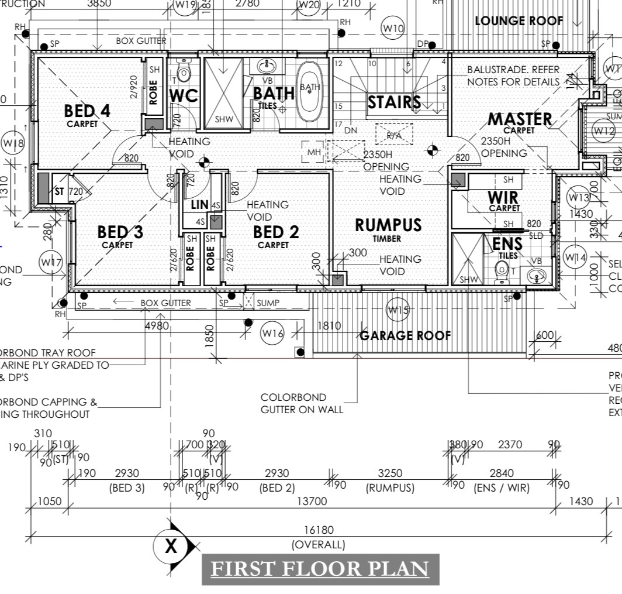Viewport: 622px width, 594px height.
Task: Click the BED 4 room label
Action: tap(87, 111)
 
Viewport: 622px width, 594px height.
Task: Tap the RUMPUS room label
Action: tap(388, 225)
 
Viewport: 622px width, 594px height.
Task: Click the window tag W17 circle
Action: tap(51, 263)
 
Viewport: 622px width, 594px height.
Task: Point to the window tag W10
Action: tap(393, 28)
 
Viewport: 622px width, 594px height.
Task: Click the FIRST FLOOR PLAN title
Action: tap(320, 568)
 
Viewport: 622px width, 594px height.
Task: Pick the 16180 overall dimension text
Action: tap(319, 530)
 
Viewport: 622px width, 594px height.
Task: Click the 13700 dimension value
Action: tap(313, 501)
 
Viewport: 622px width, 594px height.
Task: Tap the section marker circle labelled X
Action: tap(170, 547)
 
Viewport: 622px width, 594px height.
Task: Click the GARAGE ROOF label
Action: tap(405, 335)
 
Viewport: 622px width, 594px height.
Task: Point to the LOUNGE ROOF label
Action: tap(519, 21)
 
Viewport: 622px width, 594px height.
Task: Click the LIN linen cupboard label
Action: tap(200, 205)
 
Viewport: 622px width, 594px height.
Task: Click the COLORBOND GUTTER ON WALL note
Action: tap(302, 403)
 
